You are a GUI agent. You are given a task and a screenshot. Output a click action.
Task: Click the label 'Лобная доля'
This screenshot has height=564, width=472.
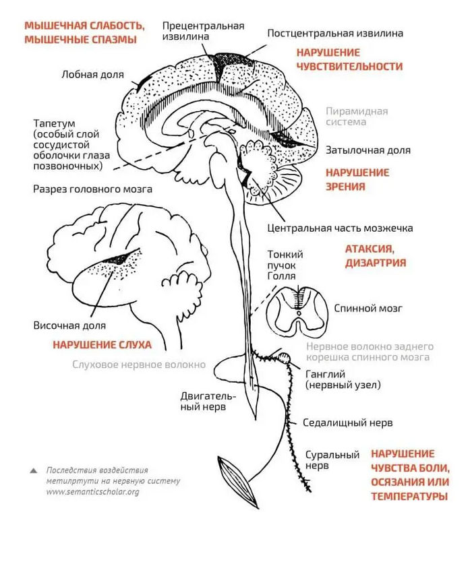pyautogui.click(x=92, y=75)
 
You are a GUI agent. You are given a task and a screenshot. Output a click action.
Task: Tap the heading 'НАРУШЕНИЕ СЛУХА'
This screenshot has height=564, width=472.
pyautogui.click(x=102, y=344)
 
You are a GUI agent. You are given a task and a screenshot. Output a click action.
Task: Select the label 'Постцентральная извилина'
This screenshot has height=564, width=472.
pyautogui.click(x=335, y=32)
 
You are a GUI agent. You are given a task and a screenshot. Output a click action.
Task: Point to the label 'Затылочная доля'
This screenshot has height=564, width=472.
pyautogui.click(x=367, y=150)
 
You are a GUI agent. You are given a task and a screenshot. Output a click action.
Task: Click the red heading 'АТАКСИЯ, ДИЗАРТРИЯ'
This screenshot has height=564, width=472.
pyautogui.click(x=376, y=256)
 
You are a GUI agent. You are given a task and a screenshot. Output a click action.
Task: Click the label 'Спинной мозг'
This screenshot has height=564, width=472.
pyautogui.click(x=368, y=308)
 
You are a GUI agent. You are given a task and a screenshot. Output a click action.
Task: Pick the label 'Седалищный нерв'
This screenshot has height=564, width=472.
pyautogui.click(x=347, y=422)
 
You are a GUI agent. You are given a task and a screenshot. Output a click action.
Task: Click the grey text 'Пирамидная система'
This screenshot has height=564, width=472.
pyautogui.click(x=357, y=117)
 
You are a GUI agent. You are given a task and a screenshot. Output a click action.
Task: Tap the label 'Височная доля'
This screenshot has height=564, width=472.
pyautogui.click(x=69, y=325)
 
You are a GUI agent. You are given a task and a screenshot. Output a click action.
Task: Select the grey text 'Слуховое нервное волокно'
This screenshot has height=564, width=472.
pyautogui.click(x=139, y=365)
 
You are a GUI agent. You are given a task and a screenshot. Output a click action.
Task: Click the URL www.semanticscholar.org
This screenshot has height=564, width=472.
pyautogui.click(x=92, y=492)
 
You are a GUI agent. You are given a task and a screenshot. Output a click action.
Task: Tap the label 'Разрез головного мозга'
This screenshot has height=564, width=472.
pyautogui.click(x=92, y=189)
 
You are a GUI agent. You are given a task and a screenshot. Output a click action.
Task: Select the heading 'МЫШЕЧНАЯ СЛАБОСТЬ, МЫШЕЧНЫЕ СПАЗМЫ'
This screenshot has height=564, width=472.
pyautogui.click(x=84, y=32)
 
